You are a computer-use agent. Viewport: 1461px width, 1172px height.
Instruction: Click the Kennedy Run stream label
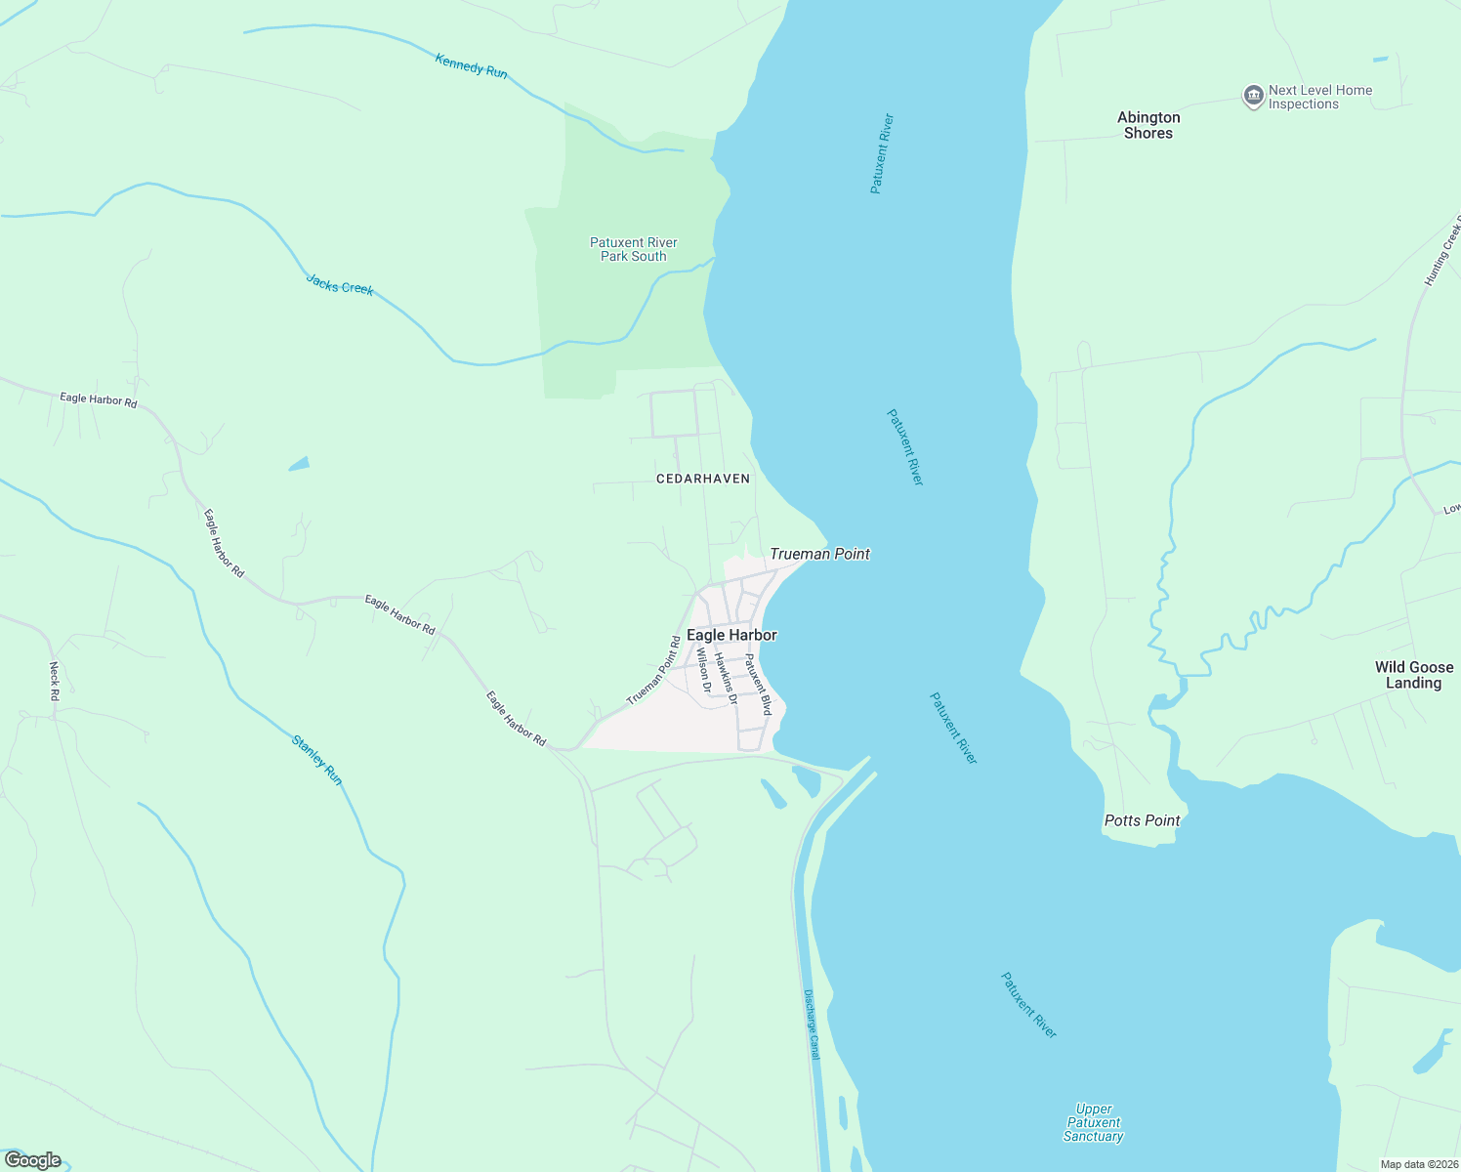tap(472, 66)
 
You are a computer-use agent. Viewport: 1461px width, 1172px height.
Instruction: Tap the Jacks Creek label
tap(340, 284)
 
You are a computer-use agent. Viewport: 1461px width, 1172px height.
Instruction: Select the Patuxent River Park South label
tap(634, 249)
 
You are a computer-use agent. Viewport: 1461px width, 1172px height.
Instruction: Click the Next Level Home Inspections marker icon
tap(1253, 97)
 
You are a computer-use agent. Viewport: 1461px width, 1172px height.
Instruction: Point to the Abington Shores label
tap(1148, 125)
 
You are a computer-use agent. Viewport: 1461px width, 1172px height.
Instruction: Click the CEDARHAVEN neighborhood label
tap(703, 479)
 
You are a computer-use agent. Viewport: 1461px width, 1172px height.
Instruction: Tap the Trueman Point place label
tap(819, 554)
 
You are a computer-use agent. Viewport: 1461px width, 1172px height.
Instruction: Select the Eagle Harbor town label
tap(731, 635)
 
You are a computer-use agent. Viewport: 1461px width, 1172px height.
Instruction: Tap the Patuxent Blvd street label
tap(759, 684)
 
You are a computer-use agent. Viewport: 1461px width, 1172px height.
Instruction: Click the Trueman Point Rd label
tap(653, 671)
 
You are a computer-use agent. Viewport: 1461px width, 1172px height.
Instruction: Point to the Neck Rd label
tap(55, 681)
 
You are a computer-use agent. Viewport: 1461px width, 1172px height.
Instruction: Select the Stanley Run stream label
tap(317, 760)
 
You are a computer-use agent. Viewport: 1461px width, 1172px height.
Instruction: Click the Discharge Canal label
tap(812, 1025)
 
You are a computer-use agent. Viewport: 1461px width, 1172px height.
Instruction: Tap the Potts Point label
tap(1142, 820)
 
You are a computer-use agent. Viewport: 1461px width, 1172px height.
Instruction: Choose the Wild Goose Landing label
tap(1414, 675)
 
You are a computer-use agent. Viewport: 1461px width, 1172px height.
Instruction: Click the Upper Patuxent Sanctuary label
tap(1094, 1122)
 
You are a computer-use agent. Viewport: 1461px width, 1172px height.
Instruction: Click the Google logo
tap(33, 1160)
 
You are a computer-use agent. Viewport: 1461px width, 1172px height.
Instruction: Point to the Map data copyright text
tap(1418, 1164)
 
